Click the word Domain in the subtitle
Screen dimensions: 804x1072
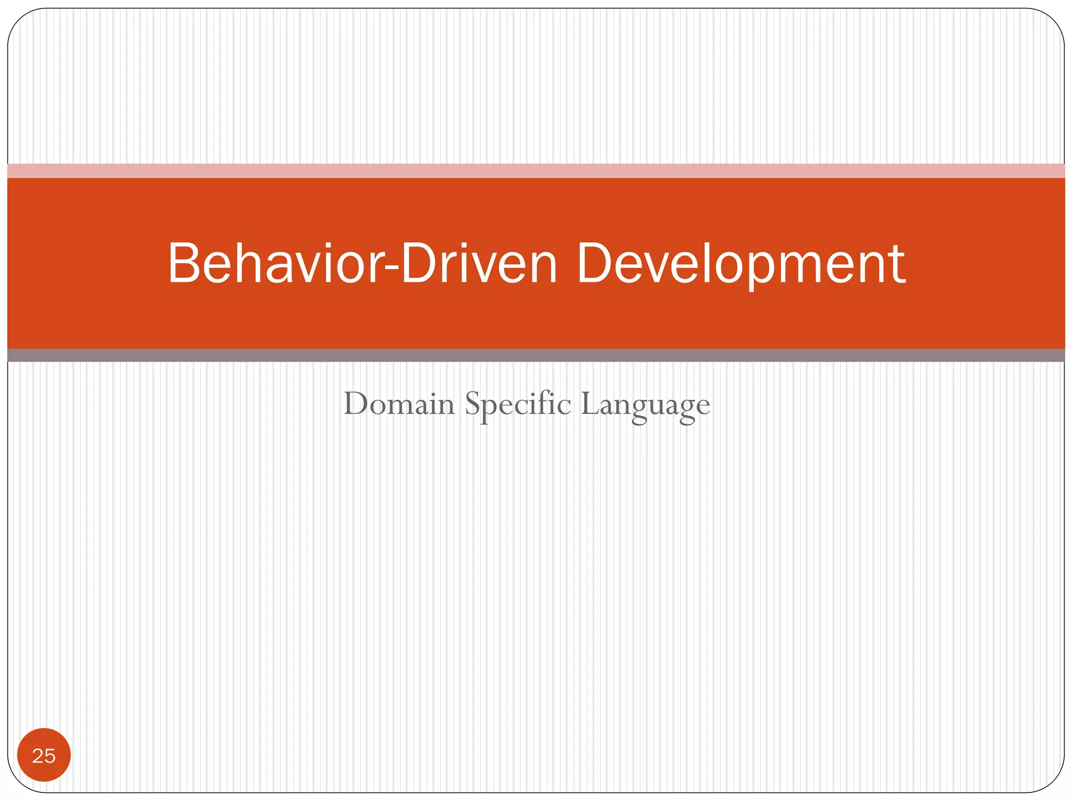399,404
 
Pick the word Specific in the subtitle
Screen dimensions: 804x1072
518,404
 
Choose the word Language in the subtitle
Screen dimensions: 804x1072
645,404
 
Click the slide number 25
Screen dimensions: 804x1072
44,755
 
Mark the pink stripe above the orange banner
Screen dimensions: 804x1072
536,171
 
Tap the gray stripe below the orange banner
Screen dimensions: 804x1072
536,355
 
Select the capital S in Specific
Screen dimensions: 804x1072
473,404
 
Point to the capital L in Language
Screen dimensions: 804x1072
589,404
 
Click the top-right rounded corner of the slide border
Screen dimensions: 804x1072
1052,21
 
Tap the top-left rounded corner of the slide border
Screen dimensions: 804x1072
20,21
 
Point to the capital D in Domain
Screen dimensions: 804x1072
356,404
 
